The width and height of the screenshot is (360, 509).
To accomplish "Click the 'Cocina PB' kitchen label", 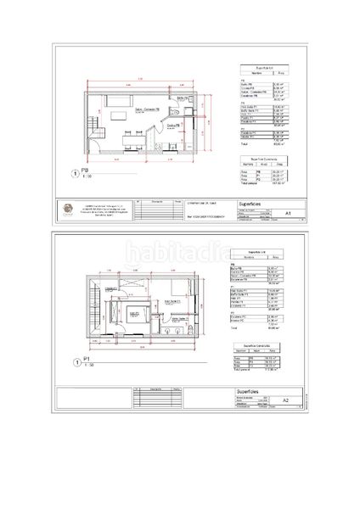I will [172, 126].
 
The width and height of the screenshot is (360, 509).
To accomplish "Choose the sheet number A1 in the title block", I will [288, 214].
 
